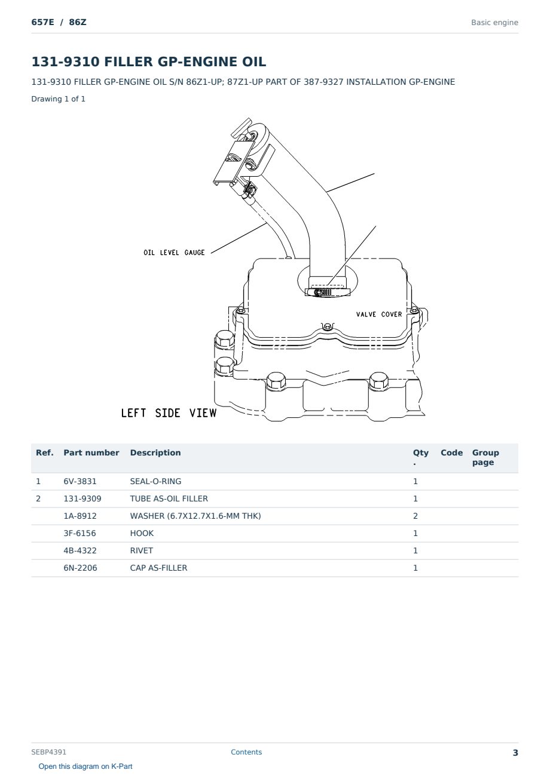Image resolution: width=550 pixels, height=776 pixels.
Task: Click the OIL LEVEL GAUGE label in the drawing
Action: point(174,252)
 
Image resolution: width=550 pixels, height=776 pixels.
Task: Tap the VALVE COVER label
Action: point(379,314)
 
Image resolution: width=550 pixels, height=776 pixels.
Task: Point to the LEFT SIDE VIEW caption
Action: point(169,413)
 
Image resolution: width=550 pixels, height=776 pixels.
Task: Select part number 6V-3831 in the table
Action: point(80,481)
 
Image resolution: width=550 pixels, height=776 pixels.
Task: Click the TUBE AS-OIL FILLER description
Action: point(169,498)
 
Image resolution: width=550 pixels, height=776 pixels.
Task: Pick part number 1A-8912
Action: point(80,516)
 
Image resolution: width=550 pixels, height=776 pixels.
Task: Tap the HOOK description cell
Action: point(142,533)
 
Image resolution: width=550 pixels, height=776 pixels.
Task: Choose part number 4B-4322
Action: point(80,550)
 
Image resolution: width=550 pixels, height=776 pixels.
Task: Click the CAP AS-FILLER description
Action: point(158,568)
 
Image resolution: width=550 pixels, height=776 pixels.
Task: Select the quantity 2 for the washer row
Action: point(415,516)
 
